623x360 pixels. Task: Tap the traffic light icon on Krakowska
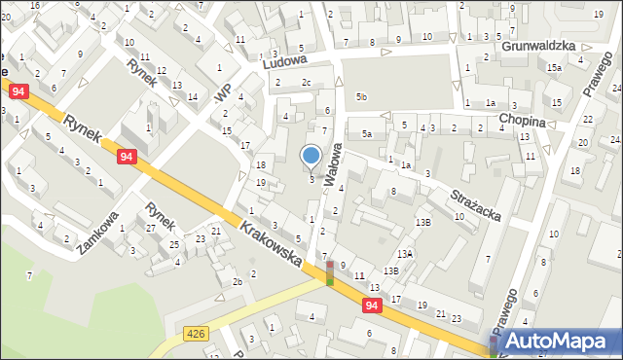point(330,272)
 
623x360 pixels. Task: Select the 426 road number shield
point(195,334)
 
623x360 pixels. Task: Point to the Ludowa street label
point(284,60)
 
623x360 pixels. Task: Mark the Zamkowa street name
point(100,232)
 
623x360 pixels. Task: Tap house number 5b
point(361,97)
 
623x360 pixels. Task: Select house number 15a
point(554,67)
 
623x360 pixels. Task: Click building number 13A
point(405,253)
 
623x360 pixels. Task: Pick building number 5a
point(366,133)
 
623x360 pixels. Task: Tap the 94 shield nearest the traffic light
point(373,306)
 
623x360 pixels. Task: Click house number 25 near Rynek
point(173,244)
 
